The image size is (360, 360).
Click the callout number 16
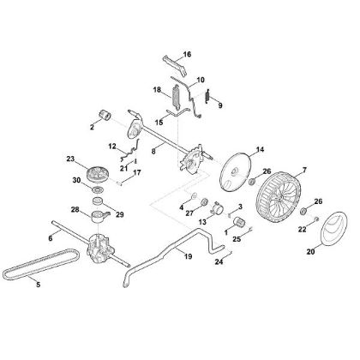coord(188,42)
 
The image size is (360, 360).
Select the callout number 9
coord(219,106)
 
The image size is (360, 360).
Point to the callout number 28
coord(75,210)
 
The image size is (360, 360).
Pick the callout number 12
coord(113,147)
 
